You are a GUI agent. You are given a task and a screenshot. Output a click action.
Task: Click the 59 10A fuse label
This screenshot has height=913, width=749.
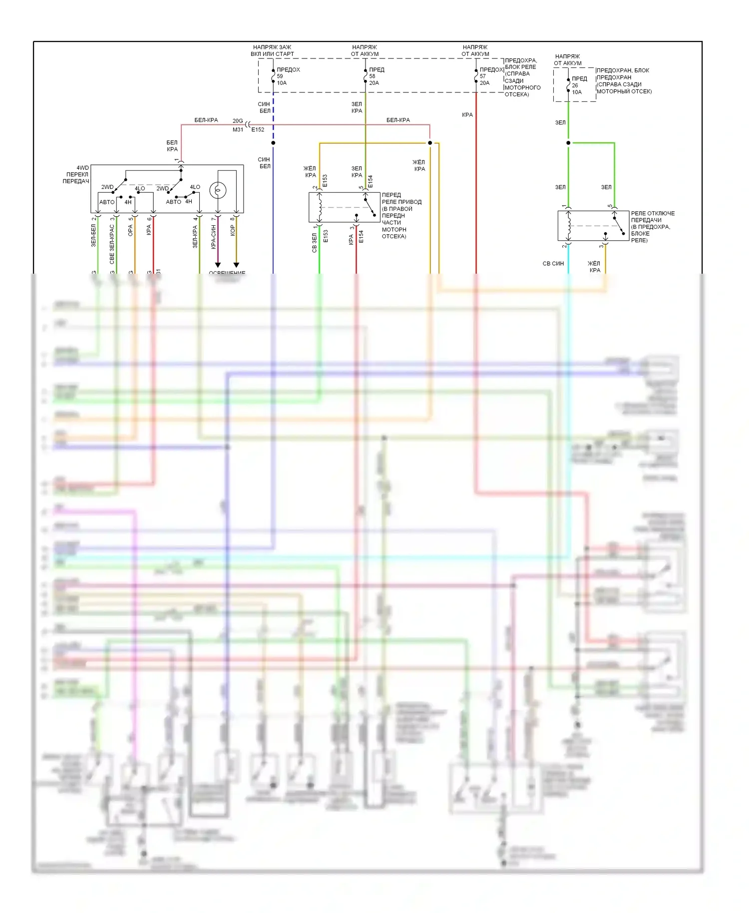point(282,79)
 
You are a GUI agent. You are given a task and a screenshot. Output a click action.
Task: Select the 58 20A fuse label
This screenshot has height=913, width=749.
point(374,79)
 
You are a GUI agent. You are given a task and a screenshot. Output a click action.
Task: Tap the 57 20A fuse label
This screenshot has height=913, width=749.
point(484,79)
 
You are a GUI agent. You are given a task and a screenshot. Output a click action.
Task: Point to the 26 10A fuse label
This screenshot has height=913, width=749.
point(577,88)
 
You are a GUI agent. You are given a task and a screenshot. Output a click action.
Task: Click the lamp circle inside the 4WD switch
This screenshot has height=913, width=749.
point(218,190)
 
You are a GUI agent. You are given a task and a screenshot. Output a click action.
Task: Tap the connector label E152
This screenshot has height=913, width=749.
point(258,130)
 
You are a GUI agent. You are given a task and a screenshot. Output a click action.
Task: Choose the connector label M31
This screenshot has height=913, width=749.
point(238,130)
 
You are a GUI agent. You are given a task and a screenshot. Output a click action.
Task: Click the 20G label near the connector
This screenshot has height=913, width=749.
point(238,121)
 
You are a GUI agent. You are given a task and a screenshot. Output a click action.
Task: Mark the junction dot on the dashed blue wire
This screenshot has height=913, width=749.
point(273,143)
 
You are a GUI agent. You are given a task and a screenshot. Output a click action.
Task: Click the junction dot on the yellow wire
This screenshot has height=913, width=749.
point(430,143)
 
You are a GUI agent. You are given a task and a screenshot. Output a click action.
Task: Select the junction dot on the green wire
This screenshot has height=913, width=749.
point(568,143)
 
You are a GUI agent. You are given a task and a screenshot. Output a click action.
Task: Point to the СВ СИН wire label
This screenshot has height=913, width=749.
point(553,263)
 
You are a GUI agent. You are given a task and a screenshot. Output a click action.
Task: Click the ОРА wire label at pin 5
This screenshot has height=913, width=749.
point(130,230)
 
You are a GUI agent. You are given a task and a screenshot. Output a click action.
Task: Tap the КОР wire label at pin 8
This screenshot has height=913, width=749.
point(232,230)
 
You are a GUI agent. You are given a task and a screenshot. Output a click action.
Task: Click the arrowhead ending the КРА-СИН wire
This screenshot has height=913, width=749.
point(218,265)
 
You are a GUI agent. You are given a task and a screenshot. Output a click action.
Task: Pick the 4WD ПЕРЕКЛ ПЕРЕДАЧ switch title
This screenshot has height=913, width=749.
point(76,174)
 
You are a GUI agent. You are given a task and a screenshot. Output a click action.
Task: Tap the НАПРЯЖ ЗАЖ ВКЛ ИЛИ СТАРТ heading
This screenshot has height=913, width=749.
point(272,50)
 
